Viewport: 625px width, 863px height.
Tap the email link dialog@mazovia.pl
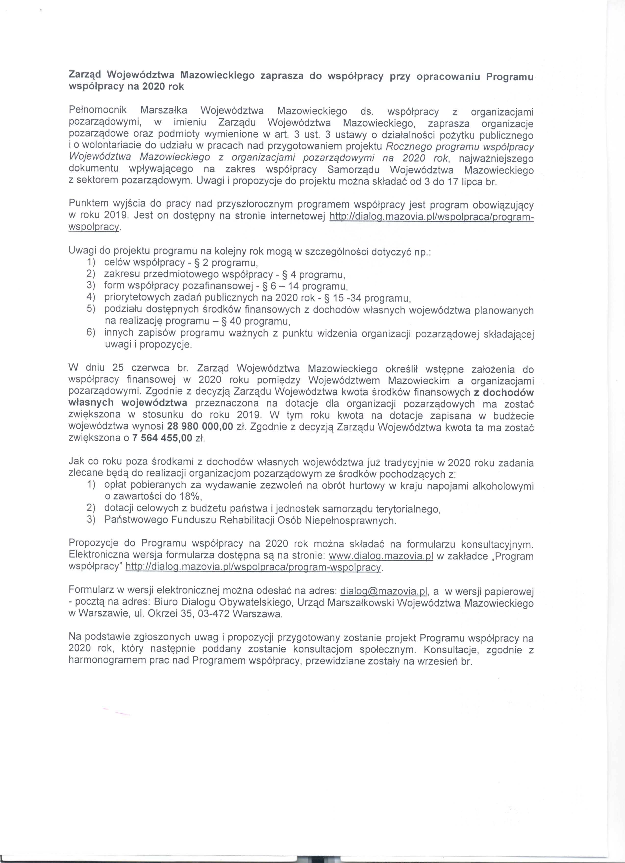(x=385, y=591)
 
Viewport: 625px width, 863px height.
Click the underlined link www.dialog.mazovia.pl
(x=381, y=556)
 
